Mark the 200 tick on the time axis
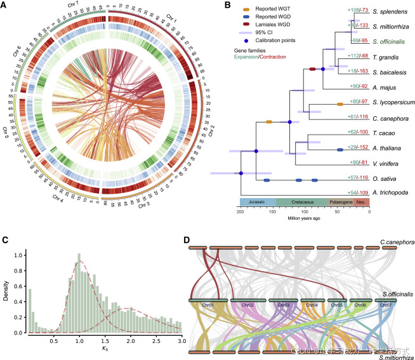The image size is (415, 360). click(x=240, y=211)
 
